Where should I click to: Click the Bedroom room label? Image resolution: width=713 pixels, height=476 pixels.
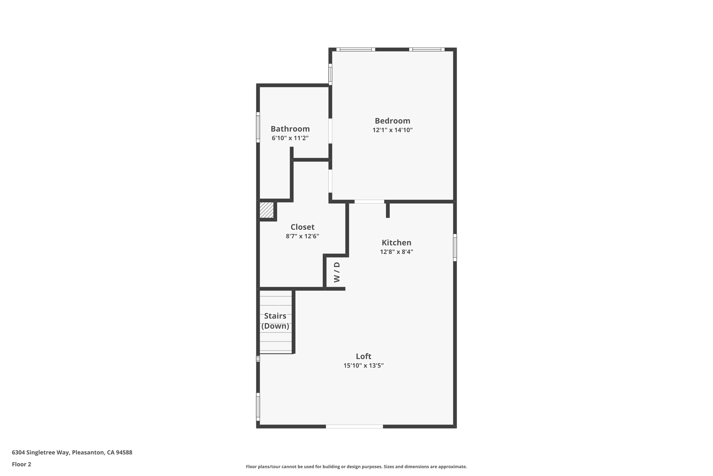tap(392, 121)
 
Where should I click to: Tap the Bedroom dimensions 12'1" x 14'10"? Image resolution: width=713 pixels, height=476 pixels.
tap(392, 130)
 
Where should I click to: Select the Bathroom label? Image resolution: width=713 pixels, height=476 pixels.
tap(290, 129)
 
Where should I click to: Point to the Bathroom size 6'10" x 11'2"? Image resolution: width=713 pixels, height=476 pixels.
tap(290, 138)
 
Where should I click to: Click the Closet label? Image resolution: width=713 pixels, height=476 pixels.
tap(302, 227)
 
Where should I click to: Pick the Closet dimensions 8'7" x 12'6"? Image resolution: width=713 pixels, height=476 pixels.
tap(302, 236)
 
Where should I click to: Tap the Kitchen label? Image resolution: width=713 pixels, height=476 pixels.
tap(396, 243)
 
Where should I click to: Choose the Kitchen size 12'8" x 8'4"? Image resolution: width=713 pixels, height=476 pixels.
tap(396, 252)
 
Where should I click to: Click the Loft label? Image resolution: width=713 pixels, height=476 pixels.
tap(363, 356)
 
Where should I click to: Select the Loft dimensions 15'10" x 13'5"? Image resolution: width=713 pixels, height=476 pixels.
tap(363, 365)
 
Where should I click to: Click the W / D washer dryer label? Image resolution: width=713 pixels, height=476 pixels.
tap(337, 272)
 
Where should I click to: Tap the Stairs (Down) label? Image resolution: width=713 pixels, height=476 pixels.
tap(275, 321)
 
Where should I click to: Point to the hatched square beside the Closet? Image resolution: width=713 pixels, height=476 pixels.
tap(267, 210)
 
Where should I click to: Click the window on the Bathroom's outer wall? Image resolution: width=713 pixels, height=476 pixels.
tap(258, 127)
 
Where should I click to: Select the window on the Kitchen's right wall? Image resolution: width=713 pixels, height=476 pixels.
tap(455, 248)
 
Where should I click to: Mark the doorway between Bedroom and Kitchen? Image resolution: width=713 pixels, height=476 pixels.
tap(369, 202)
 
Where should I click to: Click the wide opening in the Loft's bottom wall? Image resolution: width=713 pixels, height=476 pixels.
tap(354, 426)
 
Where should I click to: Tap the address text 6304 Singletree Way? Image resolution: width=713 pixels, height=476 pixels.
tap(72, 452)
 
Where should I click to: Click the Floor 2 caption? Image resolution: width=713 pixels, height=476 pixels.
tap(22, 464)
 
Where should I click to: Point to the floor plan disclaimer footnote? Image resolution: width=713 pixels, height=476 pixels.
tap(356, 467)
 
